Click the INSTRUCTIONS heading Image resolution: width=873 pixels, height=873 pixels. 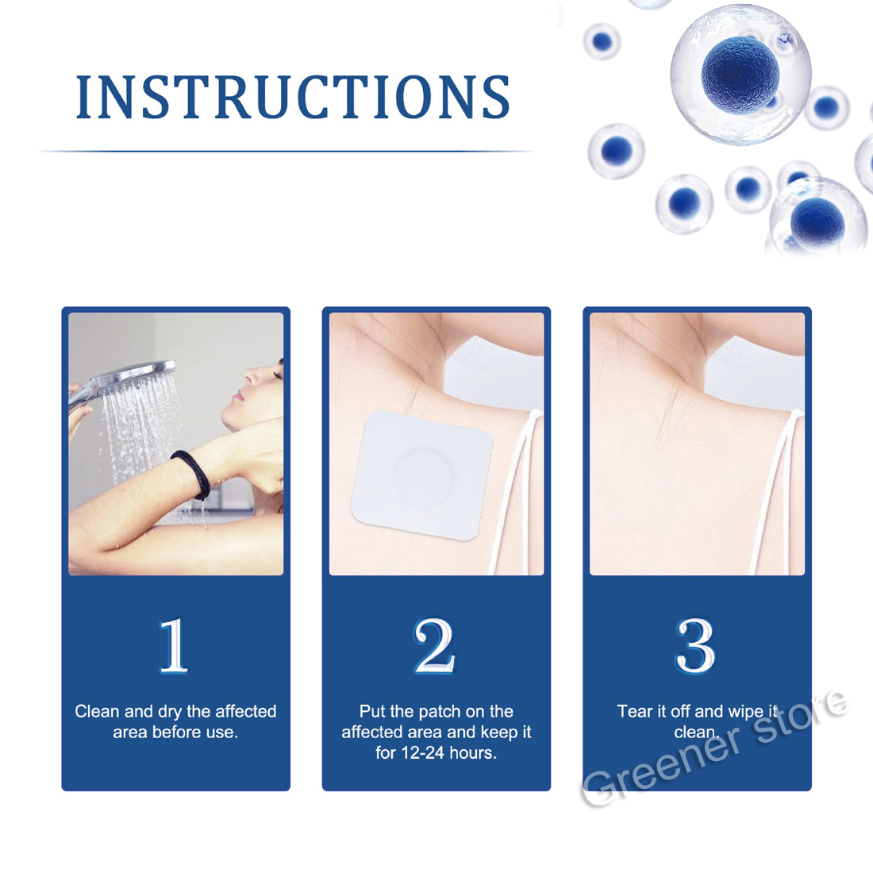coord(293,97)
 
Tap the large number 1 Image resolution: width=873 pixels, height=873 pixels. coord(174,645)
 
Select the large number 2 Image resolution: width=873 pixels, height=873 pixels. coord(434,645)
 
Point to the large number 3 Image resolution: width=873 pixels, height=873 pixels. coord(695,645)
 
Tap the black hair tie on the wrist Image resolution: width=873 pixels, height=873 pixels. coord(193,472)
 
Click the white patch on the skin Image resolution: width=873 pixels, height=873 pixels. coord(421,475)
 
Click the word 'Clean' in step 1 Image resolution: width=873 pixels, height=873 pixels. coord(98,711)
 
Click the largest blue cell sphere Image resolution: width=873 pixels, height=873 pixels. coord(740,73)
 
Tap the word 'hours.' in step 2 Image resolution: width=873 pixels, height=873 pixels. coord(473,752)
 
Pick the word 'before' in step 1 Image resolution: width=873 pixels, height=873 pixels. coord(179,733)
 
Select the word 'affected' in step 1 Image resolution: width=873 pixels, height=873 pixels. coord(245,711)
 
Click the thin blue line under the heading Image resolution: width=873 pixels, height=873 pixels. coord(287,151)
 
